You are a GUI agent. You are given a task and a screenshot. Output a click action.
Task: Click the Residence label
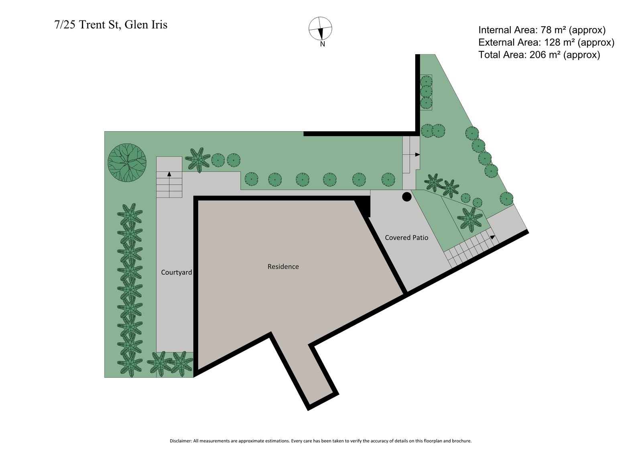pos(283,267)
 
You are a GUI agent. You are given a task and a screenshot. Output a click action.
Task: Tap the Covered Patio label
pos(406,238)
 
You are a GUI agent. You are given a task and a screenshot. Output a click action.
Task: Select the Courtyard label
pos(176,272)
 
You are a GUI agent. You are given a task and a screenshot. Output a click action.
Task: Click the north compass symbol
pos(320,29)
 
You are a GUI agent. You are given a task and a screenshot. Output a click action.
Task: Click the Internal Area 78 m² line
pos(542,30)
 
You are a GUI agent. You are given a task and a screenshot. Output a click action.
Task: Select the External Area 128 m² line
pos(546,42)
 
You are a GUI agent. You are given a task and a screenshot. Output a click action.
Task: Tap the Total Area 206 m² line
pos(539,55)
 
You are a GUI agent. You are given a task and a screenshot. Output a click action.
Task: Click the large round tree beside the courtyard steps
pos(127,163)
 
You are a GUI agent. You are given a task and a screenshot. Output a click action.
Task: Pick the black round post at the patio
pos(406,197)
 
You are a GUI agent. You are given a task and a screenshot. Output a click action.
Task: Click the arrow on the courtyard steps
pos(169,174)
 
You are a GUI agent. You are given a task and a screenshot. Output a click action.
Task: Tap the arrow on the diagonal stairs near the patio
pos(492,237)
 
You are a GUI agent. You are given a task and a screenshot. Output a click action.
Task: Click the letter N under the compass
pos(322,44)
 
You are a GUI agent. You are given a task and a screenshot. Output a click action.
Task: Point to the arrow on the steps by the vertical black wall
pos(417,155)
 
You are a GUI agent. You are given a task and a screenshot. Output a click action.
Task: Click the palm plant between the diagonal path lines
pos(470,219)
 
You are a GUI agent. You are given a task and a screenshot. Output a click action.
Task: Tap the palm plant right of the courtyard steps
pos(197,160)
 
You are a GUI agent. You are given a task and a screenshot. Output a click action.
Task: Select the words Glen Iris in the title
pos(146,25)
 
